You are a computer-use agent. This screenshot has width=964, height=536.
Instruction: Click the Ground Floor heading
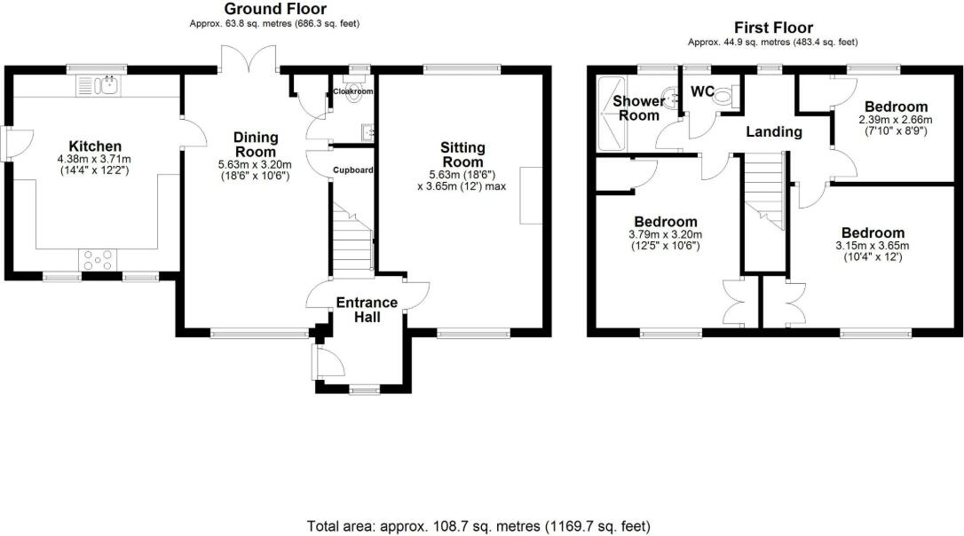274,10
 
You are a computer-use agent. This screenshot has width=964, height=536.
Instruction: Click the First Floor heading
772,28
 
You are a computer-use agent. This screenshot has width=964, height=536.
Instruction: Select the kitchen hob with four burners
97,259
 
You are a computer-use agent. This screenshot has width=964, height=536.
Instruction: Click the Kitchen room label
95,146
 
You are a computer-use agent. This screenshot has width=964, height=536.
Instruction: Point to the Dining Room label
255,144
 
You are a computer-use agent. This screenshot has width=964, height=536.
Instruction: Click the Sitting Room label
462,154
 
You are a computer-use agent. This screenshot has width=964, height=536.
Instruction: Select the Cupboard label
352,170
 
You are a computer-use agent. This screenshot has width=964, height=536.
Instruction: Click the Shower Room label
638,108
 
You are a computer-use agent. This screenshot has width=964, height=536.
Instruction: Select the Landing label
773,132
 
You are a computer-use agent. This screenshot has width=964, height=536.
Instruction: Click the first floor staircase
764,191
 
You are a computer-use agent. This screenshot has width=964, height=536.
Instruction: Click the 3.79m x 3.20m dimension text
665,234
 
